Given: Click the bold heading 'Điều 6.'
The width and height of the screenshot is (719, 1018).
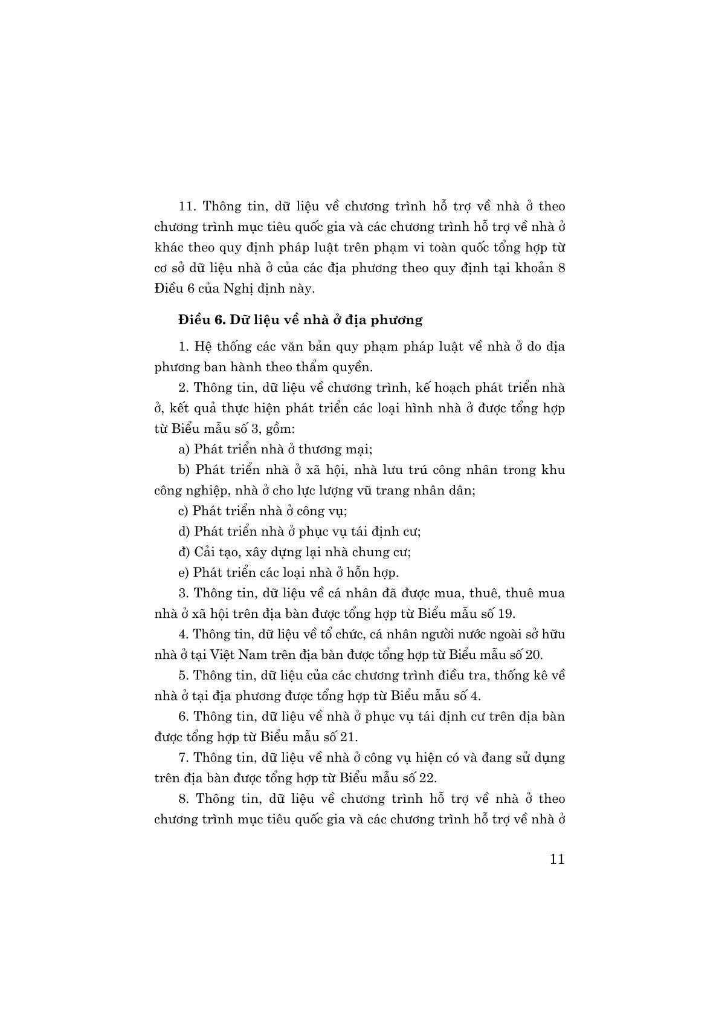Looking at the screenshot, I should click(199, 320).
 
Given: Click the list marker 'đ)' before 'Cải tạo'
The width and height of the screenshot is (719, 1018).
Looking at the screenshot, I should click(184, 552).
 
